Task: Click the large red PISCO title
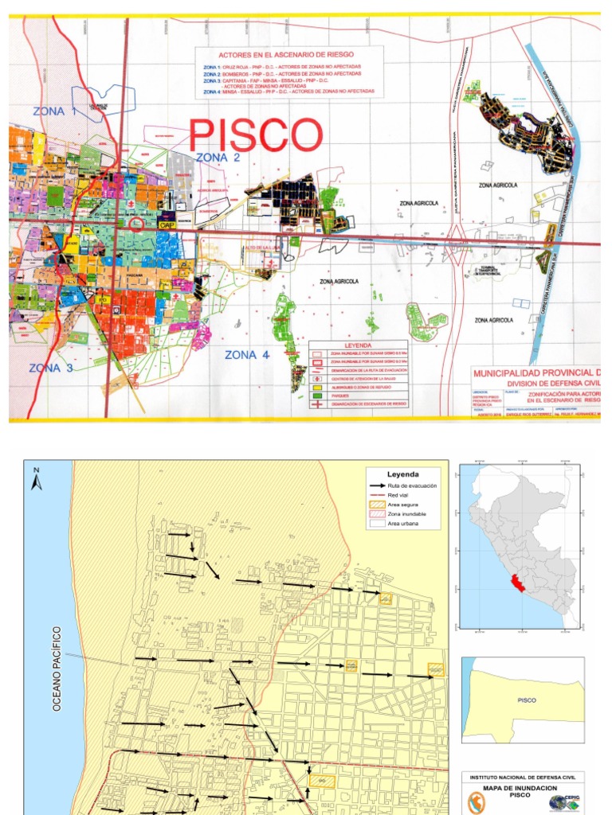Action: click(x=255, y=135)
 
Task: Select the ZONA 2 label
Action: click(x=218, y=158)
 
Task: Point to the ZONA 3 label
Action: click(x=51, y=368)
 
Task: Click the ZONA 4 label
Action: click(x=252, y=355)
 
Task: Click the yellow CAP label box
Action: click(x=167, y=225)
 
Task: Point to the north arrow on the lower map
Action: click(x=36, y=479)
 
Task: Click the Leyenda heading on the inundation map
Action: click(x=402, y=474)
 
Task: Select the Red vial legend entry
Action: click(x=402, y=495)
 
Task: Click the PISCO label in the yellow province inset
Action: click(x=527, y=700)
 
